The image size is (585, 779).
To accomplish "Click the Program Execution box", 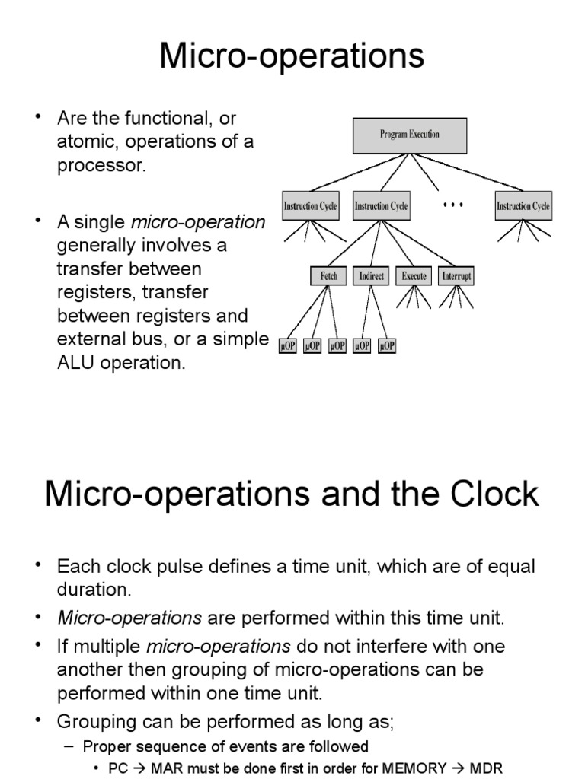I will click(x=409, y=135).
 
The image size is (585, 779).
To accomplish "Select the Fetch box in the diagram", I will click(x=329, y=275).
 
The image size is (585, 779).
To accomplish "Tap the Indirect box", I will click(x=371, y=275).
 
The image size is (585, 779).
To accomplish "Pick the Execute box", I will click(x=414, y=275).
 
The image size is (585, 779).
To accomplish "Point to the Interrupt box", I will click(x=456, y=275).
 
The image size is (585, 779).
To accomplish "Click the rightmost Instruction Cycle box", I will click(x=523, y=205).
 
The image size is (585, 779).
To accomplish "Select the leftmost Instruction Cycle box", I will click(x=309, y=205).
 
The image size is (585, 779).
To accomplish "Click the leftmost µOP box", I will click(x=288, y=345).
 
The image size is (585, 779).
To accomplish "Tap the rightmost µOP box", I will click(x=387, y=345).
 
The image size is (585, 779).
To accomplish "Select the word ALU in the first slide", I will click(x=74, y=363).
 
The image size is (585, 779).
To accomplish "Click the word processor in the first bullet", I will click(x=100, y=166).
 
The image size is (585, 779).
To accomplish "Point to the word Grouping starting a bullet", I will click(x=92, y=721).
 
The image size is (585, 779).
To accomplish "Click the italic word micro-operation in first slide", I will click(x=199, y=223).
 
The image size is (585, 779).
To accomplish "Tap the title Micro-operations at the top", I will click(x=292, y=56).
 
